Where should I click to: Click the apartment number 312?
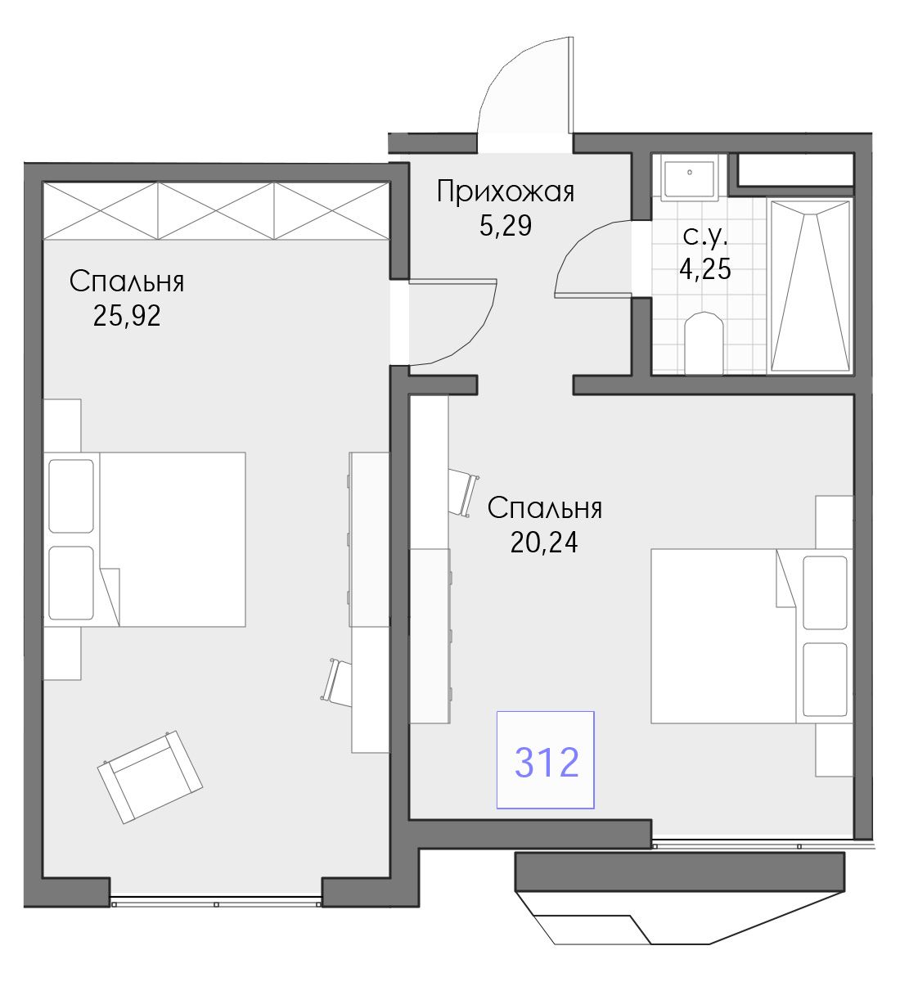547,762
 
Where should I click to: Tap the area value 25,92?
127,316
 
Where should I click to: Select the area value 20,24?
544,542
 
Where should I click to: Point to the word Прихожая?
506,191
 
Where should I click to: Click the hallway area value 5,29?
506,226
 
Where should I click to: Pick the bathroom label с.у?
705,236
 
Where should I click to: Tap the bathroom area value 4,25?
705,268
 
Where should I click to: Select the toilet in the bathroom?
704,344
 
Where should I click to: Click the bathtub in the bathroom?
810,286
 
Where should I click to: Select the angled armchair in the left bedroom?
150,777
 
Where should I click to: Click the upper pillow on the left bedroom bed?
71,496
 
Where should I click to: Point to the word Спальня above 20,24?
545,508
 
